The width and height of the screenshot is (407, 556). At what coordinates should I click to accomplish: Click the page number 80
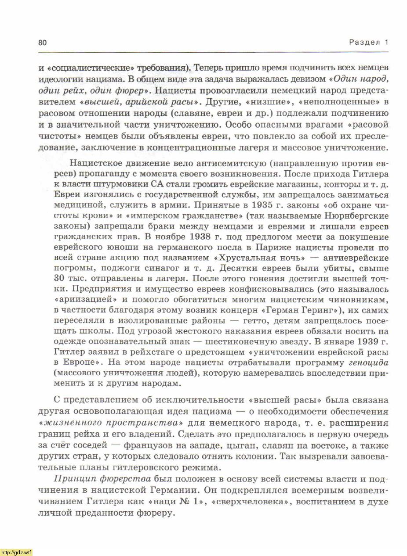(42, 43)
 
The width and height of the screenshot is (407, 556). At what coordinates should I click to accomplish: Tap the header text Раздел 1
(369, 43)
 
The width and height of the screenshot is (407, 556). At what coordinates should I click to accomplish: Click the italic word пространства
(136, 423)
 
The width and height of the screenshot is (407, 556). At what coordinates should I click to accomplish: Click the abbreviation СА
(157, 184)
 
